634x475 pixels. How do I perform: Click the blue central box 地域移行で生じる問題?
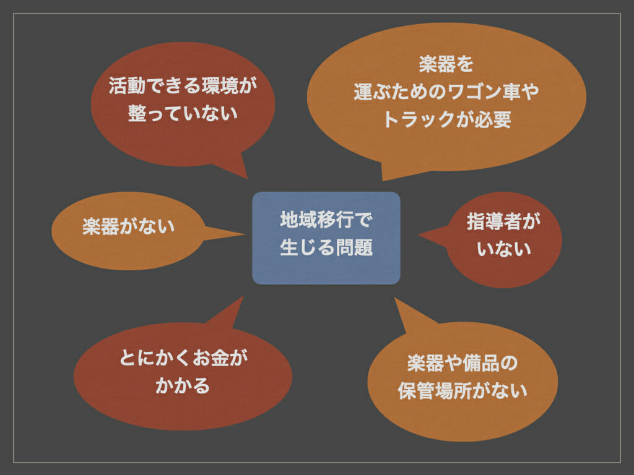pyautogui.click(x=326, y=238)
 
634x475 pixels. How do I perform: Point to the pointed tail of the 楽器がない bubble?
pyautogui.click(x=244, y=234)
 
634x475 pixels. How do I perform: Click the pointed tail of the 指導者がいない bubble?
pyautogui.click(x=419, y=234)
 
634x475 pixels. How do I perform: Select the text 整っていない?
pyautogui.click(x=183, y=114)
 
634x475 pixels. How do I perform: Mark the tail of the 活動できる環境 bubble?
pyautogui.click(x=246, y=178)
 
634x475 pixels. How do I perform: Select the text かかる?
pyautogui.click(x=183, y=386)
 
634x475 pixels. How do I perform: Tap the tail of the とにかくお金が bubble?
pyautogui.click(x=243, y=297)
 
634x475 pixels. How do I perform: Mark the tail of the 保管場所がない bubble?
pyautogui.click(x=396, y=299)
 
